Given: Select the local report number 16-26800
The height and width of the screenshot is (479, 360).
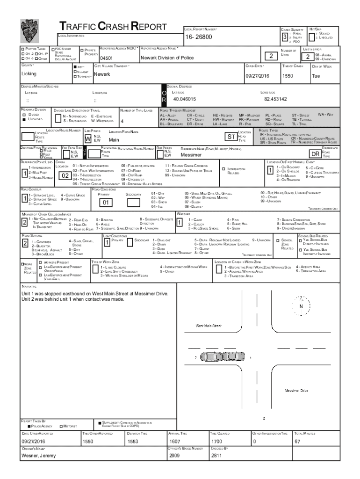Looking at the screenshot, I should click(x=199, y=37).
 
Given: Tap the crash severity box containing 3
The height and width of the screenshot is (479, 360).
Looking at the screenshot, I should click(x=284, y=37).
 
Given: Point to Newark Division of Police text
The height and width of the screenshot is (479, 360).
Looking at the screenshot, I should click(x=166, y=58).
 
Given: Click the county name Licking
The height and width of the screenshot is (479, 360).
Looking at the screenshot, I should click(x=29, y=74).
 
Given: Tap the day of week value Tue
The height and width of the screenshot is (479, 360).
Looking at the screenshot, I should click(x=316, y=76).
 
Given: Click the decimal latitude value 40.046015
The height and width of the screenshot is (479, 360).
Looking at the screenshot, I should click(x=185, y=99).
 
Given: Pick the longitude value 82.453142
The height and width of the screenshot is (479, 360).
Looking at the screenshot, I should click(x=275, y=99).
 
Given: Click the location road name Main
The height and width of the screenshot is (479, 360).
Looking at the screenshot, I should click(x=114, y=139).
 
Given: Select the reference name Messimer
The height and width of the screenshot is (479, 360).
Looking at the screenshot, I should click(x=191, y=154).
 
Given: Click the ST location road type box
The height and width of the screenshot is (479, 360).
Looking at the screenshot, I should click(x=230, y=137).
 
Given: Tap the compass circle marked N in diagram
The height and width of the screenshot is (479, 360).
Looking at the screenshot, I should click(x=301, y=306).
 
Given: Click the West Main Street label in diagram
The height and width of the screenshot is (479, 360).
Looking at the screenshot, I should click(x=208, y=326).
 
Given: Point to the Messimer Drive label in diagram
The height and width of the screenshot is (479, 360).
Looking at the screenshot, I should click(x=296, y=390).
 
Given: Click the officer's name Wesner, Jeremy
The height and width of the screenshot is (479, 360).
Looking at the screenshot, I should click(x=38, y=455).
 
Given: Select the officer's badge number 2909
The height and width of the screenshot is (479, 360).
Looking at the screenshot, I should click(x=174, y=455).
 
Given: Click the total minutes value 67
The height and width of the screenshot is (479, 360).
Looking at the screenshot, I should click(x=296, y=441).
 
